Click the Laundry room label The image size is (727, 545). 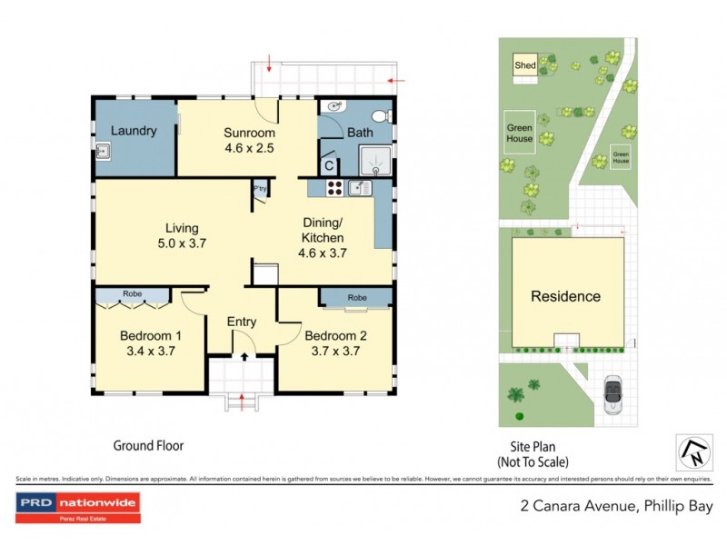[134, 131]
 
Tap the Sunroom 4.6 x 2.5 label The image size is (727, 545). [249, 140]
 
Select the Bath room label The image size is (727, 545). [360, 133]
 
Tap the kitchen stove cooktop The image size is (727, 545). [333, 189]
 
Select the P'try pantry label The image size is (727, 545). [260, 189]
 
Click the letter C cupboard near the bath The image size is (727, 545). [329, 165]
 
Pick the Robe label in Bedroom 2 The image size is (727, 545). [356, 297]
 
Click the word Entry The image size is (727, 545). [242, 322]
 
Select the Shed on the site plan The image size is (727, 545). [524, 65]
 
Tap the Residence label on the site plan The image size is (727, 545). [565, 296]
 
